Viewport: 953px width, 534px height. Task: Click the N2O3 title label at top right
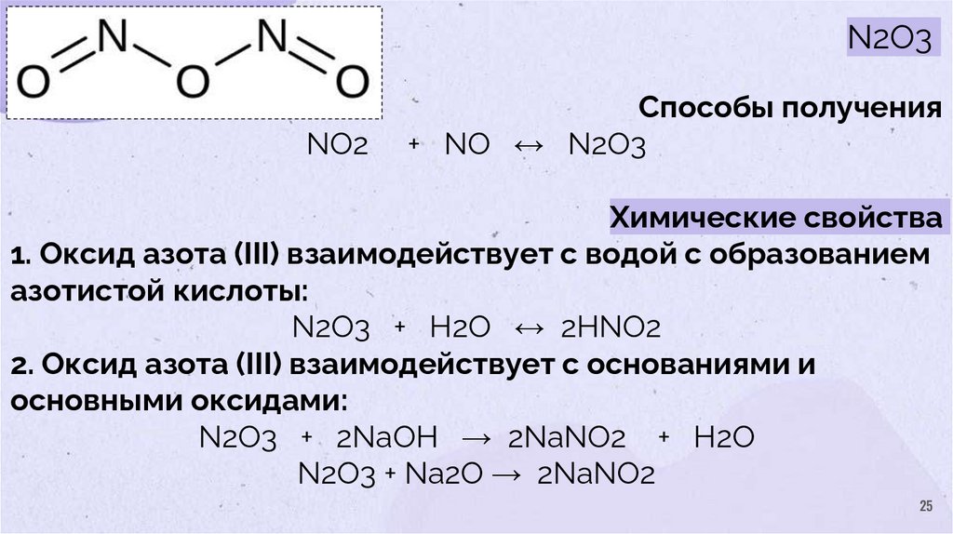tap(888, 40)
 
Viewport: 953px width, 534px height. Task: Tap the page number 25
tap(925, 506)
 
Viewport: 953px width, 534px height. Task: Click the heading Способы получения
tap(790, 109)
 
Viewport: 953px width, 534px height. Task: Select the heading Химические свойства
tap(775, 220)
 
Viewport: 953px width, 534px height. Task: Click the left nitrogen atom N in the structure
tap(111, 37)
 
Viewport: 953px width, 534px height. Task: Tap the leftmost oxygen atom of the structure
tap(34, 85)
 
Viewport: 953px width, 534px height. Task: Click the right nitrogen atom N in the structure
tap(272, 37)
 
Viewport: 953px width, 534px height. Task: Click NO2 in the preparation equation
tap(336, 146)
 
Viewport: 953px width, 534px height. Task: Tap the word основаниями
tap(685, 365)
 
